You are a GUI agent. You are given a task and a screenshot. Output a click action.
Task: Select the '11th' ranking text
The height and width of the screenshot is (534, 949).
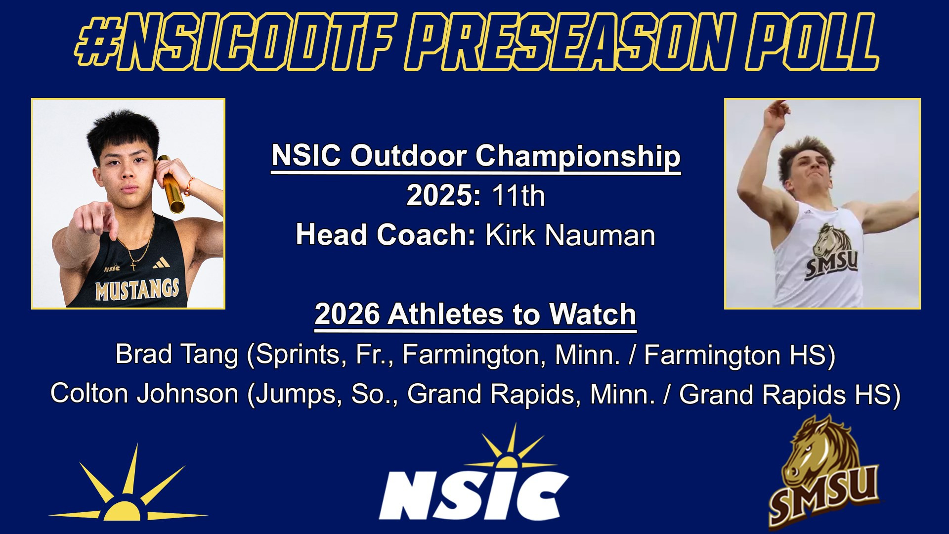pos(518,196)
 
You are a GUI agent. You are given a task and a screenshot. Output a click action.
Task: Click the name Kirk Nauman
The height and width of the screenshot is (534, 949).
pos(570,235)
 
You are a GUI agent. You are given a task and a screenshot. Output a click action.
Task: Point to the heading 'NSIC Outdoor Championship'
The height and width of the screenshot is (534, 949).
pos(475,156)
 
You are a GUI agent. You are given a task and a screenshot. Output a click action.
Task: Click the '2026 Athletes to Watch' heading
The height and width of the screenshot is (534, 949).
pos(475,314)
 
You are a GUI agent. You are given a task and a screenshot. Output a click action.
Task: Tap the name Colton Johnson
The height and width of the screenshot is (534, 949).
pos(144,394)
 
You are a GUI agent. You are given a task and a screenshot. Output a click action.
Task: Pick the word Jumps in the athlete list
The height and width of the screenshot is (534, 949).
pos(299,394)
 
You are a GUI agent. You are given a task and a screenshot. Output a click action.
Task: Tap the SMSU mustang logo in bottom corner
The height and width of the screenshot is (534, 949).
pos(823,475)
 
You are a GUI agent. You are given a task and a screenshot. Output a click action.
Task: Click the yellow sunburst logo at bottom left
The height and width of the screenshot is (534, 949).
pos(129,489)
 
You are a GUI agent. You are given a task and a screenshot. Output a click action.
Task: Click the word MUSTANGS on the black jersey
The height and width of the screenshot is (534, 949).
pos(137,289)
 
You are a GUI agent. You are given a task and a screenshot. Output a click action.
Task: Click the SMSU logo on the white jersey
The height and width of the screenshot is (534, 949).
pos(833,255)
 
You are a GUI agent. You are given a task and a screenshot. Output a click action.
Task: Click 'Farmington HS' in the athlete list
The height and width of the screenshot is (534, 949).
pos(739,355)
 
